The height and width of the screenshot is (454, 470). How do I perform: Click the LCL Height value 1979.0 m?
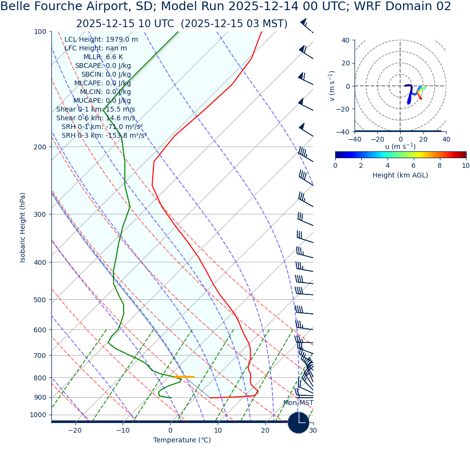[122, 40]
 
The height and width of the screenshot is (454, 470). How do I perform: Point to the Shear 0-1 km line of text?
[96, 110]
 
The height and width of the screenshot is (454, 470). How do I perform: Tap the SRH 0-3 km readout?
[104, 136]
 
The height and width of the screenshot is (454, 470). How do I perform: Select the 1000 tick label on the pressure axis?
[38, 415]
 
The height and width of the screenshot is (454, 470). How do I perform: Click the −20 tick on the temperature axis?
[75, 430]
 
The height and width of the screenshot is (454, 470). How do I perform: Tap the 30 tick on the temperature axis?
[313, 430]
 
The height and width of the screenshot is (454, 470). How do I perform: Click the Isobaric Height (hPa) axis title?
[23, 227]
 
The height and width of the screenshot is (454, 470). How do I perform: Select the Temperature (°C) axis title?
[182, 440]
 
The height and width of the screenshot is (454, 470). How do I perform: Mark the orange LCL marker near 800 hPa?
[184, 377]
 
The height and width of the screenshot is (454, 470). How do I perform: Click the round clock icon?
[298, 422]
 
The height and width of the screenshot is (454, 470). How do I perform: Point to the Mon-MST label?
[298, 403]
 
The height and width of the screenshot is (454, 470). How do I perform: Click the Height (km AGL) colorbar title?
[400, 175]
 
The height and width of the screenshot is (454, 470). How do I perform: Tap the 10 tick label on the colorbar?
[466, 165]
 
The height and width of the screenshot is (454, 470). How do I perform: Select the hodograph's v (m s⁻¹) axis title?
[332, 86]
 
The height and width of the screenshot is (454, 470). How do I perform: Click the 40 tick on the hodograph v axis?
[345, 40]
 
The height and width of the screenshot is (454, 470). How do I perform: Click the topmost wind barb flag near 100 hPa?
[304, 22]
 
